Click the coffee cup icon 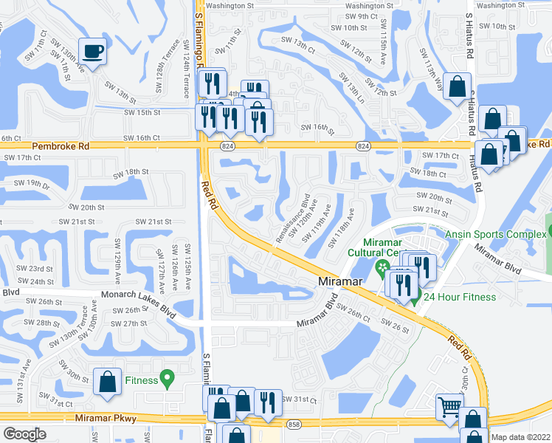[x=93, y=52]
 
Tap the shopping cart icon [x=449, y=407]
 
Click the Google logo [x=24, y=433]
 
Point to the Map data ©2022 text [x=521, y=437]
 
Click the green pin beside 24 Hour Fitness [x=415, y=298]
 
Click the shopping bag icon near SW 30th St [x=108, y=381]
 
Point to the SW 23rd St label [x=37, y=269]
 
